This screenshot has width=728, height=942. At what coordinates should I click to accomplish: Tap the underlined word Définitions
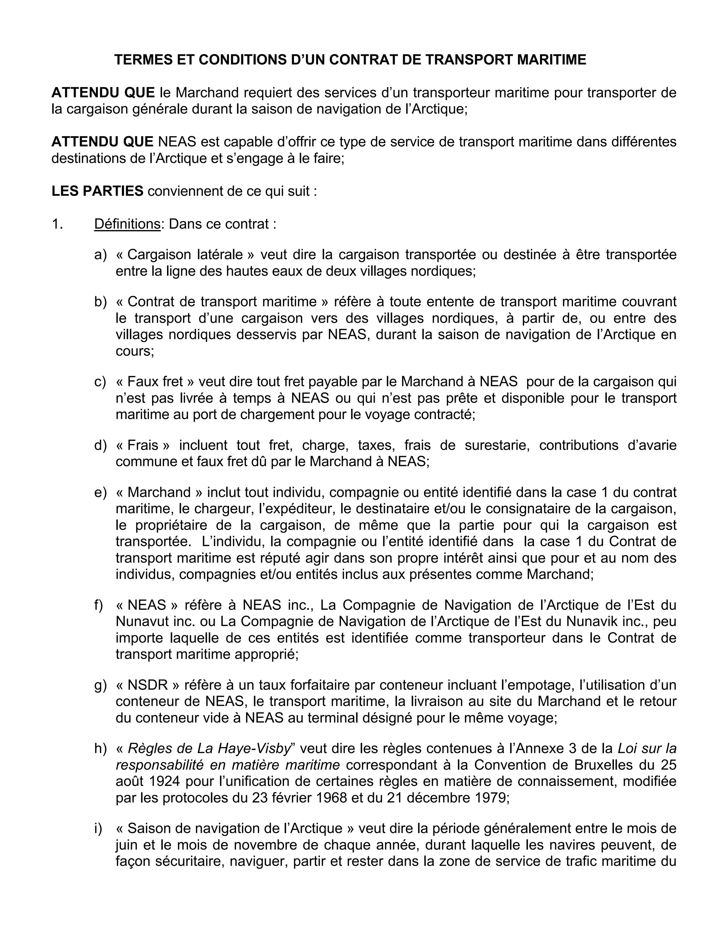(x=127, y=224)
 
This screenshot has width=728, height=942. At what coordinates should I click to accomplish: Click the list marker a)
(x=100, y=255)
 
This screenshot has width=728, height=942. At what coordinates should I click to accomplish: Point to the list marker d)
(x=100, y=445)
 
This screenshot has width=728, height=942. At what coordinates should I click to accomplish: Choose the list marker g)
(x=100, y=685)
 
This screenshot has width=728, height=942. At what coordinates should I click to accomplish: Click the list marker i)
(x=98, y=829)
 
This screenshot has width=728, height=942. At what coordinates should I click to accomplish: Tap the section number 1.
(x=57, y=224)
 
